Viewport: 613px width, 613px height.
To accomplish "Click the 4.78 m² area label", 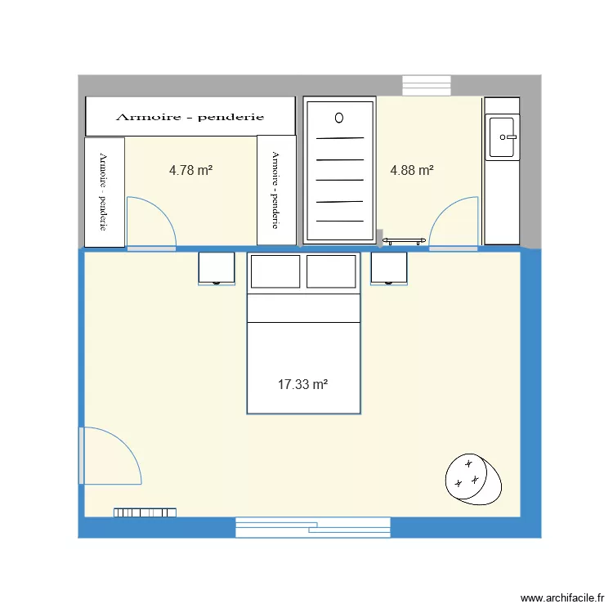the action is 190,171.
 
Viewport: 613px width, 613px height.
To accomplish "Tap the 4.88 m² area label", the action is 412,171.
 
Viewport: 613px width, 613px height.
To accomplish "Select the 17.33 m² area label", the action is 303,384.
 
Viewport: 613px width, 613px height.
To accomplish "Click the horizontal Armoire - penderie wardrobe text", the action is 190,117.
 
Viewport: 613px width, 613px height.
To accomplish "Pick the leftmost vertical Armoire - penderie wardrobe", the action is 105,192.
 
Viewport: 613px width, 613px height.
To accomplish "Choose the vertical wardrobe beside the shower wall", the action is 276,190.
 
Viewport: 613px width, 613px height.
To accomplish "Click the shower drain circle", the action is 339,118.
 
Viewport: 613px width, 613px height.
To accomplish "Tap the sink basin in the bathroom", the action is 503,137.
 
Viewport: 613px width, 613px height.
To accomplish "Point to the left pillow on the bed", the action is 275,271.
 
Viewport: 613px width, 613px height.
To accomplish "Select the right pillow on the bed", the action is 331,271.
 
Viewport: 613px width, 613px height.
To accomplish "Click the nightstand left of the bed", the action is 217,269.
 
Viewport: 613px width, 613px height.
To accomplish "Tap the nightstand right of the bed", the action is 389,269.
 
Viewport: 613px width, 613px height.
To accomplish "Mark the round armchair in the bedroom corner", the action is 473,479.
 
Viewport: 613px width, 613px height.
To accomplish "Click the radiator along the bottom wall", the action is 145,512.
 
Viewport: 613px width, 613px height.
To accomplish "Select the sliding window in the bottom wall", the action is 313,527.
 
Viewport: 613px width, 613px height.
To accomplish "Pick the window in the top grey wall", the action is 427,86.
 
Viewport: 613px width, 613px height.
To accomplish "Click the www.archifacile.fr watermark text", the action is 562,597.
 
